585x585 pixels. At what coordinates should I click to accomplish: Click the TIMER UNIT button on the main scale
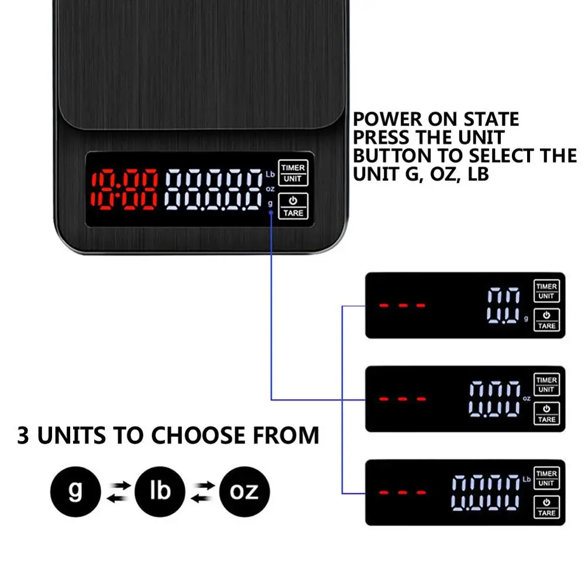click(x=293, y=173)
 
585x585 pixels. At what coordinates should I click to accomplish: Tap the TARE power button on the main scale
click(x=293, y=207)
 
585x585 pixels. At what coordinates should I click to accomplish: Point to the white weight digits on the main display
click(x=214, y=190)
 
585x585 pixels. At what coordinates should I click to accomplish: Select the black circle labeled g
click(x=75, y=490)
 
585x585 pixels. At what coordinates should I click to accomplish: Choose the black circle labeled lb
click(x=160, y=490)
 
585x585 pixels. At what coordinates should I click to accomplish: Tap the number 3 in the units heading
click(x=23, y=436)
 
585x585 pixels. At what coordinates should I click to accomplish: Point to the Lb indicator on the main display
click(x=270, y=174)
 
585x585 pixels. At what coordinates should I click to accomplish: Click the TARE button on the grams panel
click(x=546, y=320)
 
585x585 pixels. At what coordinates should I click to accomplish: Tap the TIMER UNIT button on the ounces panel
click(x=546, y=384)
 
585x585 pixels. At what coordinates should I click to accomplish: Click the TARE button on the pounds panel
click(x=546, y=507)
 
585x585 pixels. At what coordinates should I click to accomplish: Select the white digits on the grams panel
click(x=504, y=305)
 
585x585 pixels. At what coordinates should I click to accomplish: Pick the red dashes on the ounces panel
click(x=402, y=399)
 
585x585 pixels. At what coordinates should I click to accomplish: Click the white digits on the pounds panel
click(x=485, y=492)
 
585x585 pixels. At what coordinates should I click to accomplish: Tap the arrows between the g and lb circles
click(x=118, y=491)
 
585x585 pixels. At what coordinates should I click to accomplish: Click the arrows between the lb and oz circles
click(x=202, y=491)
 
